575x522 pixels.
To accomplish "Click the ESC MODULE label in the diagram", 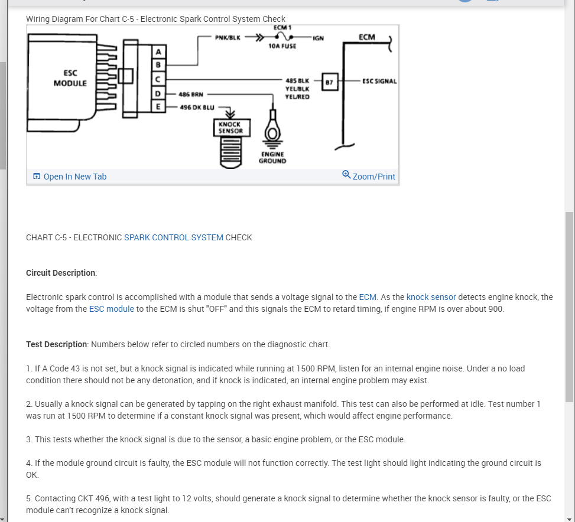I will tap(70, 79).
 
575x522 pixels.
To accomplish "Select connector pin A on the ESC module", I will tap(158, 52).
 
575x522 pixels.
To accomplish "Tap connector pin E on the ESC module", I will tap(158, 106).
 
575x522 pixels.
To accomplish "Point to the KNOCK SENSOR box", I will tap(230, 128).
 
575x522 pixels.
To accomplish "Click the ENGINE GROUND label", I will tap(272, 157).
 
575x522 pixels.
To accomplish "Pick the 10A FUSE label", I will tap(282, 46).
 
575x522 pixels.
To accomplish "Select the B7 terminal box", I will tap(330, 82).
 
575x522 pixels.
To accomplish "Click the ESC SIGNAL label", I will tap(379, 81).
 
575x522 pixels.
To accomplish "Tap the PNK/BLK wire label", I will tap(228, 37).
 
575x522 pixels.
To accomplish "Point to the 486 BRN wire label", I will tap(191, 94).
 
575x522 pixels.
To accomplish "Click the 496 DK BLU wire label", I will tap(197, 107).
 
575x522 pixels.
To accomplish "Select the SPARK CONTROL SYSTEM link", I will tap(174, 237).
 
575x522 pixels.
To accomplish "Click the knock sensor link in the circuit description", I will tap(431, 297).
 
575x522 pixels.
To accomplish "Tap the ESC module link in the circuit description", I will tap(112, 309).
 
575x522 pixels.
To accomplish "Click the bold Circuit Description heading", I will tap(61, 273).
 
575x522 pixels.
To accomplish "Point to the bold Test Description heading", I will tap(57, 344).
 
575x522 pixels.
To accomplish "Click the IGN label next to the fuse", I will tap(318, 38).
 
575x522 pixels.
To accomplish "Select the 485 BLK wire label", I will tap(297, 80).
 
